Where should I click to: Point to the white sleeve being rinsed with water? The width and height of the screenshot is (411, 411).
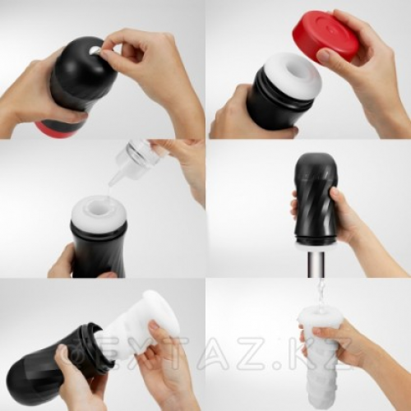(319, 356)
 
